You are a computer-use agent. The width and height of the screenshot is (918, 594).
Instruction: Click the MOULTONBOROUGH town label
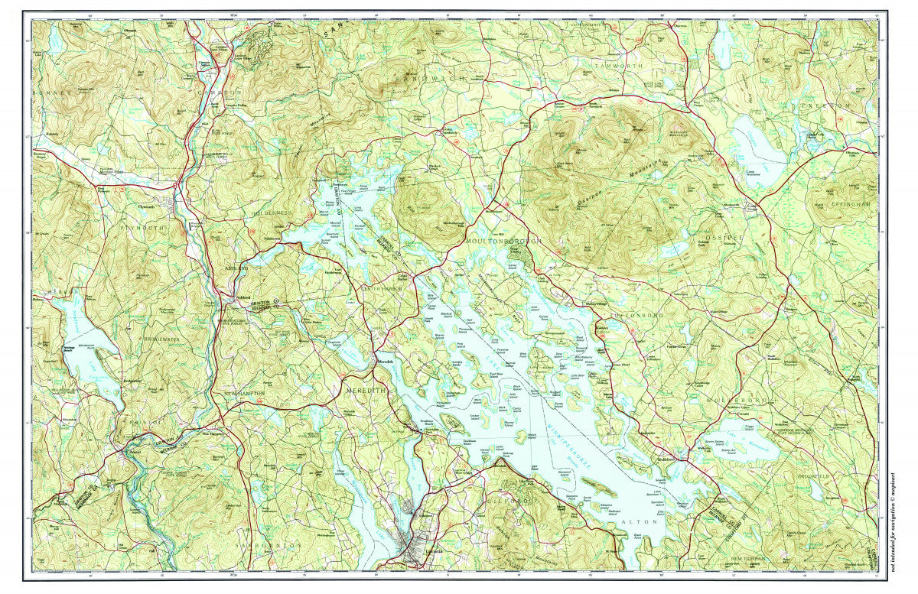(503, 240)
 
